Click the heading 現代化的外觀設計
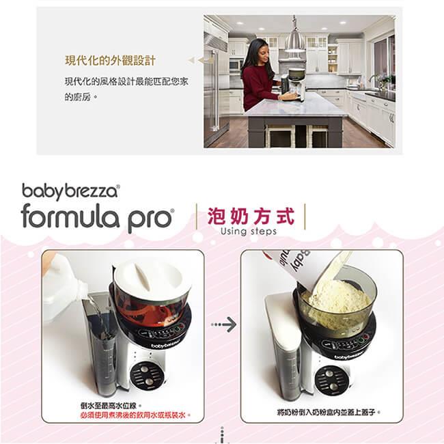[x=110, y=61]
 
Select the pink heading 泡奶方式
[x=251, y=217]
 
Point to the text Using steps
[x=249, y=232]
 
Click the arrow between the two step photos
[x=223, y=324]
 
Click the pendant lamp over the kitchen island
[x=295, y=38]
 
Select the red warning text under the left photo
[x=135, y=415]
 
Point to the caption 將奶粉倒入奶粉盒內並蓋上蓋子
[x=329, y=413]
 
